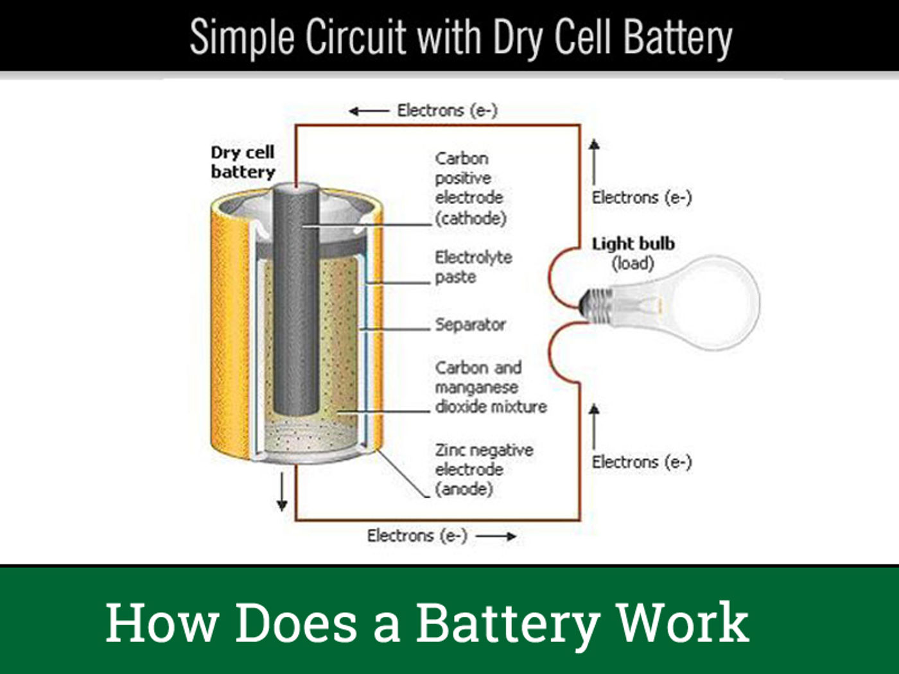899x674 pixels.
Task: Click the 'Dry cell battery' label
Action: [243, 162]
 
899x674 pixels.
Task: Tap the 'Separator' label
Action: [470, 324]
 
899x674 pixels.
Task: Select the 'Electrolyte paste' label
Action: [473, 267]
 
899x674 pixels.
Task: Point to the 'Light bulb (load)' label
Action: [633, 253]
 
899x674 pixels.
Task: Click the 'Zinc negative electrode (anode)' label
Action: [484, 469]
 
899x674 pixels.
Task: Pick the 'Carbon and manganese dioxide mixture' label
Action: [491, 387]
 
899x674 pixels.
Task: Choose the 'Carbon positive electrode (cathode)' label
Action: [470, 188]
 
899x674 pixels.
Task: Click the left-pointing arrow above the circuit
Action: [369, 111]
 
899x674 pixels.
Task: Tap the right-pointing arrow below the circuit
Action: [496, 536]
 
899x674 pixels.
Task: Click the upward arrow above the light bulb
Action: [595, 160]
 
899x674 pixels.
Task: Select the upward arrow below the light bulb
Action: [595, 425]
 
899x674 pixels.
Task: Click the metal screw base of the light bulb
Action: [595, 302]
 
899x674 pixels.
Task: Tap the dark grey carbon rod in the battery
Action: [296, 302]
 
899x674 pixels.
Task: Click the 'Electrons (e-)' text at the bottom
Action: [417, 535]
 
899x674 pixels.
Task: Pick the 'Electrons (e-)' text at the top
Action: [447, 110]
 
